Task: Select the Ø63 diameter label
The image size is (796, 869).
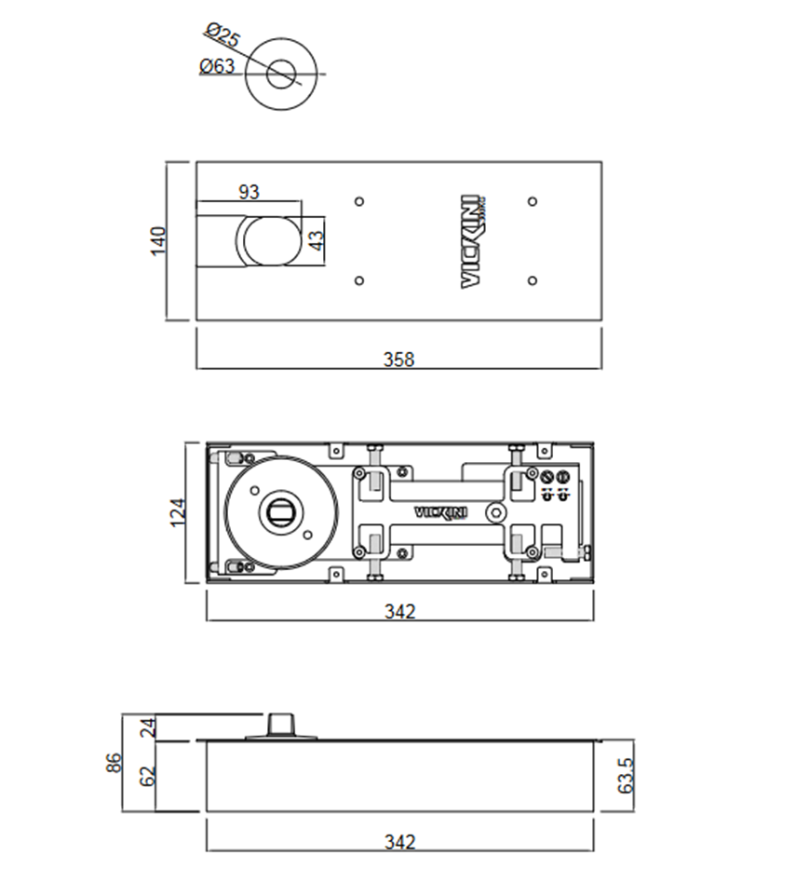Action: [x=216, y=66]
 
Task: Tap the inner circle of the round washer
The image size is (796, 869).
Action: [x=280, y=74]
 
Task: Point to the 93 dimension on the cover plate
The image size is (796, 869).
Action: [x=249, y=192]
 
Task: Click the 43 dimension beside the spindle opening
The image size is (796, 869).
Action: [x=317, y=240]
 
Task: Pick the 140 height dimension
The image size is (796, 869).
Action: [x=158, y=240]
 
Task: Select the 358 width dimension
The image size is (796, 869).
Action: [x=398, y=359]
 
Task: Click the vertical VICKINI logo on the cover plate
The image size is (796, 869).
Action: [x=473, y=241]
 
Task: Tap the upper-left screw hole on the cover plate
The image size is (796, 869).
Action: [x=360, y=201]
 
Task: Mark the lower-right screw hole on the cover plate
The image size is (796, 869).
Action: [x=532, y=280]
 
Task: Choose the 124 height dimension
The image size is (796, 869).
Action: [x=177, y=511]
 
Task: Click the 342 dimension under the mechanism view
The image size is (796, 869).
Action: [x=399, y=611]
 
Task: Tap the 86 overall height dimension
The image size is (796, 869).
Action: [x=114, y=763]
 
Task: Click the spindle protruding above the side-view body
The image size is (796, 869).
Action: [x=277, y=725]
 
